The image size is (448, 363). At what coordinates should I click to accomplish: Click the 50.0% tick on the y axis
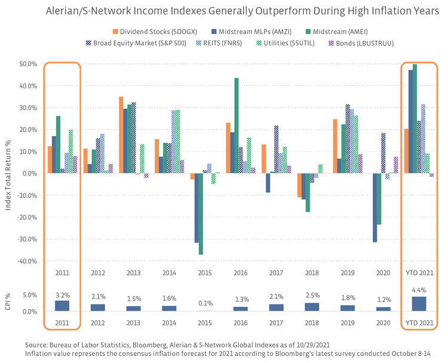click(x=29, y=64)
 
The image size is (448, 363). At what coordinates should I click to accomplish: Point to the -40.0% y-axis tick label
click(x=28, y=261)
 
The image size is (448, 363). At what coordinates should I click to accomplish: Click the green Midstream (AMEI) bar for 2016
click(x=237, y=125)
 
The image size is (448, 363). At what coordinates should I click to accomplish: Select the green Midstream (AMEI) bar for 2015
click(x=201, y=214)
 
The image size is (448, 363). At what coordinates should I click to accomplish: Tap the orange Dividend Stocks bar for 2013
click(x=121, y=135)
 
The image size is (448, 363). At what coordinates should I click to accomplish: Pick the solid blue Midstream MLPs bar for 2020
click(x=375, y=207)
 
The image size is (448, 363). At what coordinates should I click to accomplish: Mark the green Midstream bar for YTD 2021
click(x=415, y=119)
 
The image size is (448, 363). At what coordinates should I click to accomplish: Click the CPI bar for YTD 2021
click(x=419, y=304)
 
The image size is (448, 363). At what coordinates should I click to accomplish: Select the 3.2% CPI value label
click(x=63, y=295)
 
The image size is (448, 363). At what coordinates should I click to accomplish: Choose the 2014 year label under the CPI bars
click(x=170, y=322)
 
